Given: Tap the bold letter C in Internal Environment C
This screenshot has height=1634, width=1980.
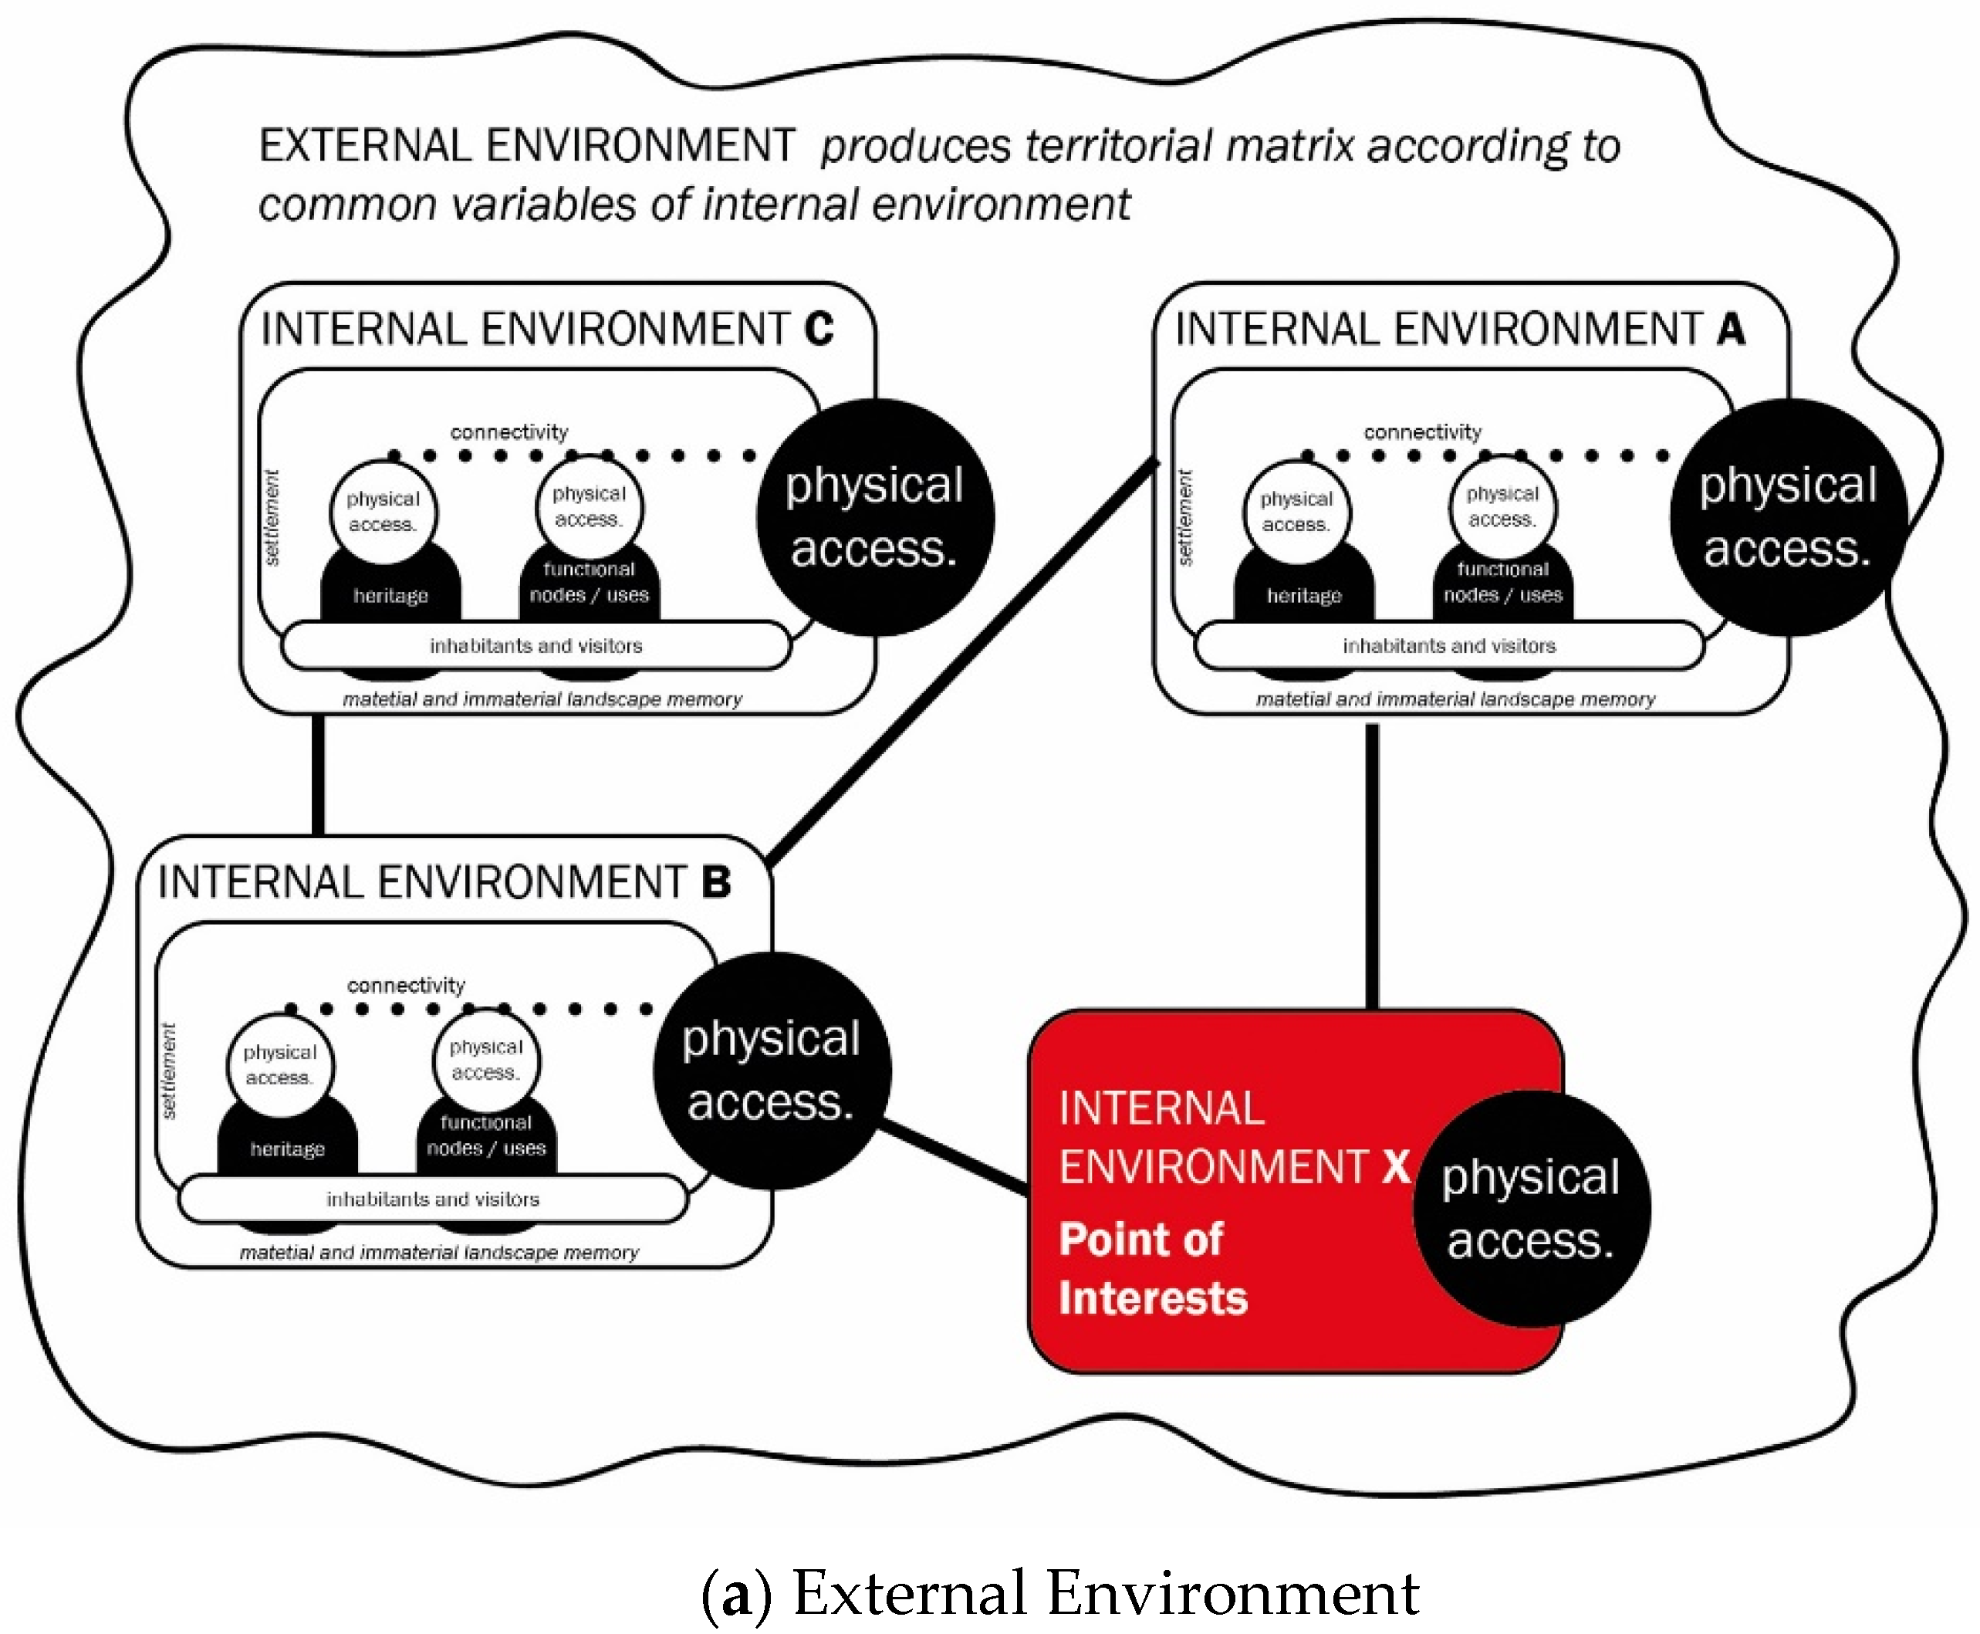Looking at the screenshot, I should click(819, 329).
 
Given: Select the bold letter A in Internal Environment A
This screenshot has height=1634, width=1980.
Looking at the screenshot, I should click(1731, 329).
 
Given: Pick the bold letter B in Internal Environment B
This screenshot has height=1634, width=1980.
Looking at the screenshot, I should click(716, 882).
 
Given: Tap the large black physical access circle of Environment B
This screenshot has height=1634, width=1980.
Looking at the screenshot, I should click(772, 1071).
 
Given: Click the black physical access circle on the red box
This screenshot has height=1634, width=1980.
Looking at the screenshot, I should click(1531, 1209).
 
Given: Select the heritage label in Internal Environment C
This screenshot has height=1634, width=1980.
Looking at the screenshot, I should click(390, 596).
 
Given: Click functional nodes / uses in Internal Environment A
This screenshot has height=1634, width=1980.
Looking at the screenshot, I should click(1503, 583).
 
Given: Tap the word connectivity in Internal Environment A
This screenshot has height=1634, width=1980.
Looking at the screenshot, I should click(1422, 432).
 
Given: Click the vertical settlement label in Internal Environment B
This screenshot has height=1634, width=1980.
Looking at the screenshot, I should click(170, 1071).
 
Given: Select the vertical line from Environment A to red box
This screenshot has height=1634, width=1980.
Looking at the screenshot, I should click(1372, 866).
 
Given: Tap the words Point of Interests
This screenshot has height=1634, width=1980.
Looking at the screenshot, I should click(1152, 1268).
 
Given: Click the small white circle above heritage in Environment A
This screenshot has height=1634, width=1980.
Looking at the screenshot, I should click(1296, 511).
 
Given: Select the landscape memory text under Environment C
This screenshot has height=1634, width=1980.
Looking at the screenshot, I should click(542, 699).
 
